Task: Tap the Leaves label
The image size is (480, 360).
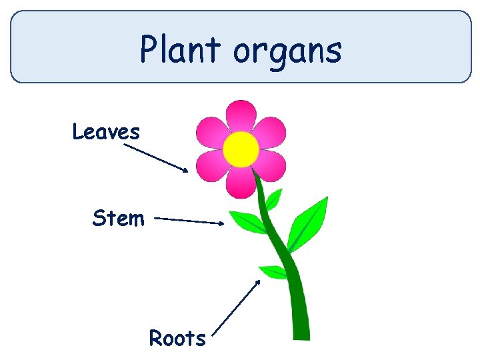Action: pos(106,132)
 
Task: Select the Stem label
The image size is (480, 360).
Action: pos(118,218)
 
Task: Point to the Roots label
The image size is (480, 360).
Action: pos(177,338)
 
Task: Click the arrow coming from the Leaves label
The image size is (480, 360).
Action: pos(156,158)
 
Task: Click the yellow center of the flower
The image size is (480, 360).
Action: pos(241,149)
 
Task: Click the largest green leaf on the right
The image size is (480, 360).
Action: pos(308,223)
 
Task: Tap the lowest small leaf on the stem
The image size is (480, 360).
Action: pos(273,271)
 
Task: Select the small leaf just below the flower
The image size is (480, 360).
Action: pos(273,199)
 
